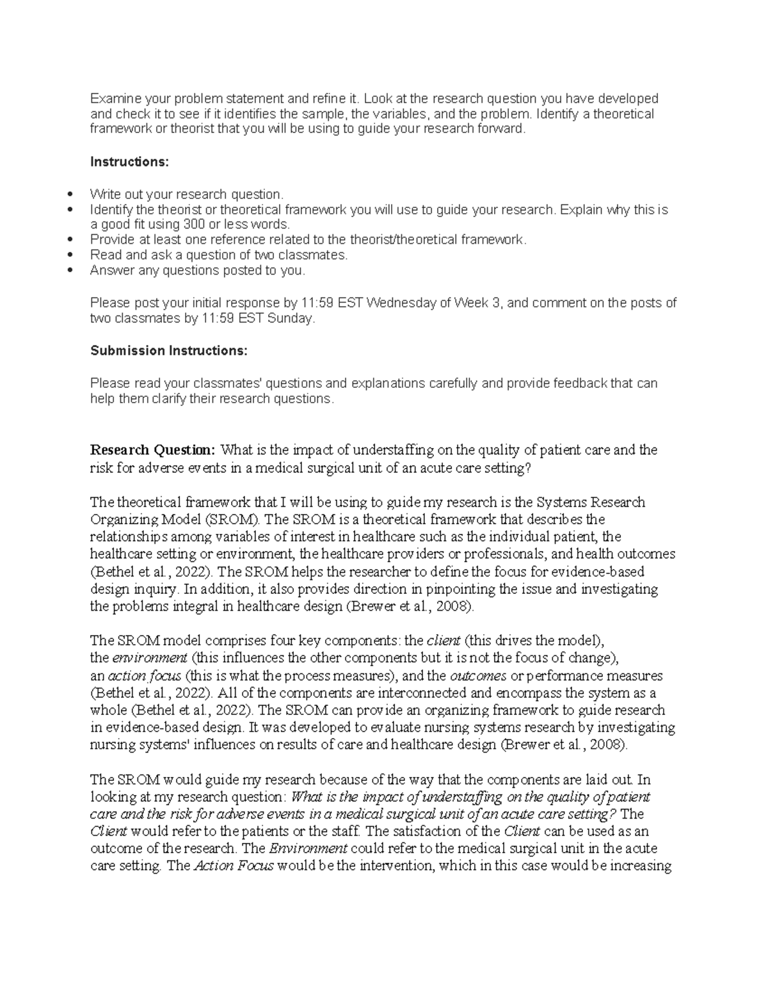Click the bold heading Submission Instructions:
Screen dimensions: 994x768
tap(168, 351)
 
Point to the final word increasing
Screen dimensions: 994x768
tap(642, 866)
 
